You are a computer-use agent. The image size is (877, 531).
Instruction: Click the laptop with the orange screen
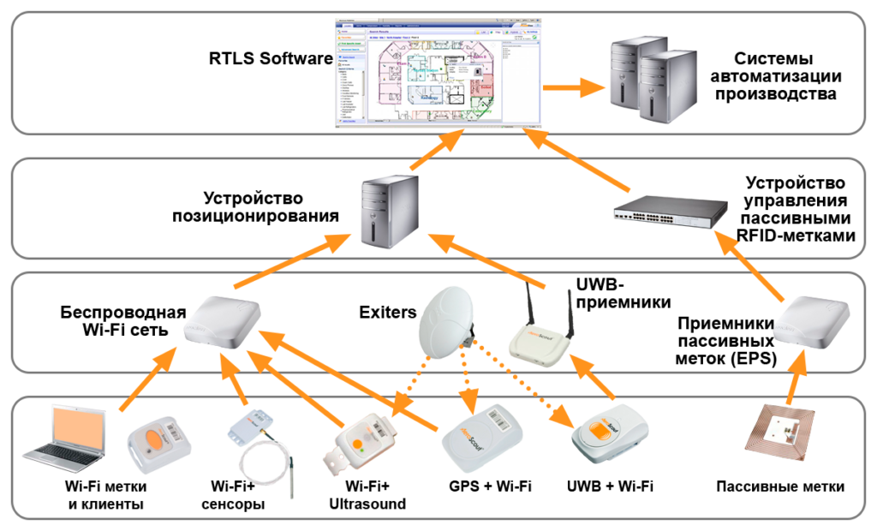pyautogui.click(x=66, y=438)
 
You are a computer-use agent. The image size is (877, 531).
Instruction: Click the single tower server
pyautogui.click(x=390, y=212)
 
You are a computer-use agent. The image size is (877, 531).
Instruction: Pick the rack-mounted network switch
pyautogui.click(x=671, y=211)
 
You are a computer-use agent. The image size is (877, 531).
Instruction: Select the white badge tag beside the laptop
pyautogui.click(x=158, y=444)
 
